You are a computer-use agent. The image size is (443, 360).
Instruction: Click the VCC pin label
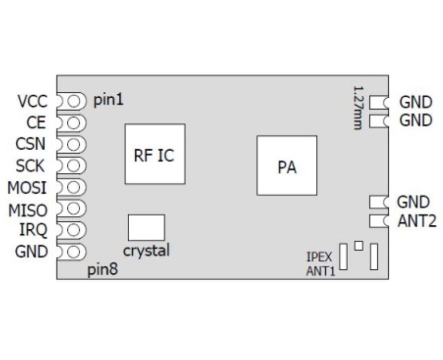click(x=32, y=101)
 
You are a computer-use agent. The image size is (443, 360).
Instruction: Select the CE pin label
click(x=36, y=123)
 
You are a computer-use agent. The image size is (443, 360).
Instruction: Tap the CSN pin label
click(x=30, y=144)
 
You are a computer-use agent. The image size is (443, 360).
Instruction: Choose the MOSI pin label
click(x=27, y=188)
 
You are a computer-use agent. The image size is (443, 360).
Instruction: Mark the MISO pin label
click(x=27, y=210)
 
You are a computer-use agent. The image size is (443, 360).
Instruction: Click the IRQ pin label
click(x=33, y=230)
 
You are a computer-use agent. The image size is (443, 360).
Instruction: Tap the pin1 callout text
click(x=108, y=100)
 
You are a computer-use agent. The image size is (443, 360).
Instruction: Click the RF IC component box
click(x=155, y=154)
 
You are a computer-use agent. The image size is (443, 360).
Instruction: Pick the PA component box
click(x=287, y=165)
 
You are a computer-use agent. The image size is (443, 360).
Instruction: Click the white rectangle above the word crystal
click(x=146, y=228)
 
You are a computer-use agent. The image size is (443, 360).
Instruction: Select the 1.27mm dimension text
click(x=358, y=108)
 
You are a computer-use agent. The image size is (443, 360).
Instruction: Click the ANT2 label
click(x=417, y=221)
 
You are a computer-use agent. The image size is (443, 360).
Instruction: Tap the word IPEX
click(x=316, y=258)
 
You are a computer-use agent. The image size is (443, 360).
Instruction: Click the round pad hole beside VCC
click(x=74, y=101)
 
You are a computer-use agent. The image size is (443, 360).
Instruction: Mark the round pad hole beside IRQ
click(x=74, y=230)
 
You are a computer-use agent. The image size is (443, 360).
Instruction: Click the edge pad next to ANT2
click(x=378, y=221)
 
